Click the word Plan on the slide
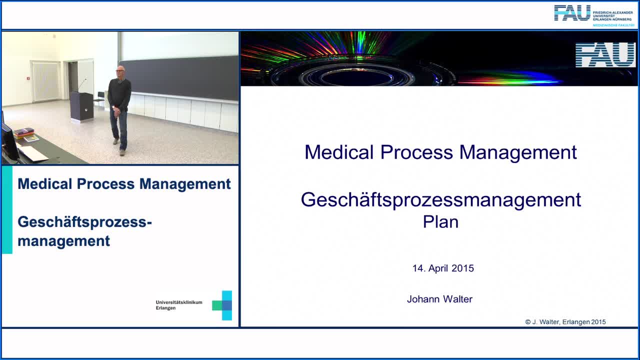440,221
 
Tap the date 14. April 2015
443,268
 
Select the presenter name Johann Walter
439,299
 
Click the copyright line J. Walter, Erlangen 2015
565,322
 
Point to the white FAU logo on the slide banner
605,55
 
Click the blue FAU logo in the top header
572,13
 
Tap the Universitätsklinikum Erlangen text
179,305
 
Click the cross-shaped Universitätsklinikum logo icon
222,305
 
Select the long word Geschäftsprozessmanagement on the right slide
441,199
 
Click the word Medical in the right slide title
339,152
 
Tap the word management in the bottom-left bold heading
63,241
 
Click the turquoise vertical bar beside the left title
7,210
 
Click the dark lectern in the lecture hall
82,106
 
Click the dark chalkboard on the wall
179,77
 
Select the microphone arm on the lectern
82,84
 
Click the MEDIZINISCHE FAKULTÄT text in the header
613,25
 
